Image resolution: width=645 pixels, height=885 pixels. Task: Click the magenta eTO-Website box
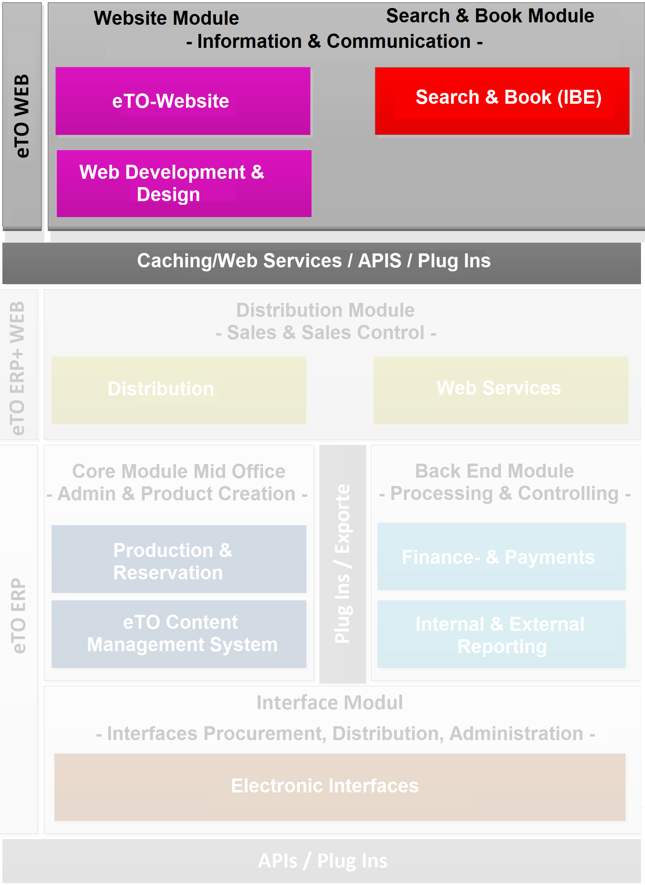click(183, 101)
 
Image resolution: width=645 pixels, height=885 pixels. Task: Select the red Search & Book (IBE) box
click(502, 101)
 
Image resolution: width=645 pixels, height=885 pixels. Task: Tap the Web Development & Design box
click(184, 184)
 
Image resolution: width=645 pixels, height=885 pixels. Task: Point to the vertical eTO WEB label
click(22, 116)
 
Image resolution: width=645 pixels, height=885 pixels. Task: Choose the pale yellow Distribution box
click(179, 390)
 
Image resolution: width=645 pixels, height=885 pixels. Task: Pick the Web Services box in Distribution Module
click(501, 390)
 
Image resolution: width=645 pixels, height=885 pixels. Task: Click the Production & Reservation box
click(179, 559)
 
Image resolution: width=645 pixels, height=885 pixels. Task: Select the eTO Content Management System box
click(179, 634)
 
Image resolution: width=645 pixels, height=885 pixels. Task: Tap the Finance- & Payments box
click(501, 556)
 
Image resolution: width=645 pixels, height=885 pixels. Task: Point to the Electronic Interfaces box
click(340, 786)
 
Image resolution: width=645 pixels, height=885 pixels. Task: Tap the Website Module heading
click(166, 18)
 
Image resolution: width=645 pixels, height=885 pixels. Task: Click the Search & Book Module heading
click(490, 16)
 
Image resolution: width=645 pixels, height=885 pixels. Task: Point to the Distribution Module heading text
click(325, 310)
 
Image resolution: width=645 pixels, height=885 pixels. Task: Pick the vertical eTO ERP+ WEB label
click(18, 367)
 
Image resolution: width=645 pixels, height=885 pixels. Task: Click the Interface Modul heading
click(330, 703)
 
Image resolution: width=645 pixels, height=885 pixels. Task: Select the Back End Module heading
click(495, 471)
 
